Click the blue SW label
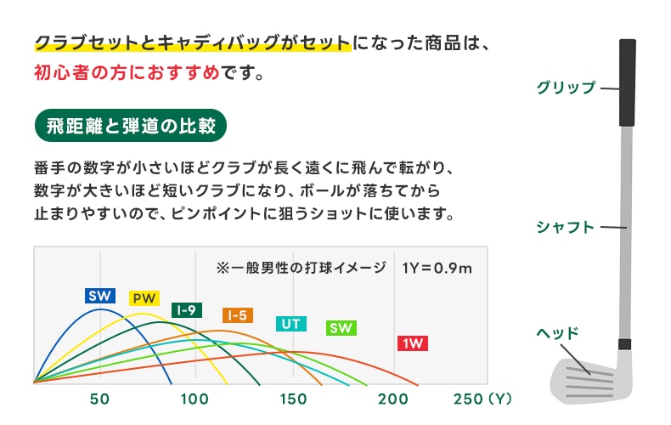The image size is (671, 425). click(x=100, y=296)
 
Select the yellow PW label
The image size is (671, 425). click(x=144, y=298)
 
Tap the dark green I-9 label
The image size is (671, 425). click(x=187, y=310)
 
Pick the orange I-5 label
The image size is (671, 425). click(x=238, y=315)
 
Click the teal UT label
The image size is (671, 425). click(x=291, y=324)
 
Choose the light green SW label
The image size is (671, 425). click(x=341, y=328)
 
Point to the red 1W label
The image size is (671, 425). click(x=413, y=343)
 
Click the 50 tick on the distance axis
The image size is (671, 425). click(x=99, y=399)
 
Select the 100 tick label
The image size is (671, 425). click(x=195, y=399)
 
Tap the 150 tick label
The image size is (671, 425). click(x=293, y=399)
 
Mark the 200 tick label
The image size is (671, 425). click(x=393, y=399)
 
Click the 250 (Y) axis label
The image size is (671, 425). click(x=482, y=399)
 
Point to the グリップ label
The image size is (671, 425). click(x=566, y=88)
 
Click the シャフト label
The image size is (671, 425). click(x=566, y=227)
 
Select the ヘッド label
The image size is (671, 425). click(x=557, y=333)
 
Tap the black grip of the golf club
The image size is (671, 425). click(x=628, y=82)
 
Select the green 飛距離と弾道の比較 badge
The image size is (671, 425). click(x=131, y=126)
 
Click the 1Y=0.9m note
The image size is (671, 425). click(x=437, y=269)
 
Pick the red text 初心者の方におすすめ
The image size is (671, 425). click(x=127, y=72)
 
